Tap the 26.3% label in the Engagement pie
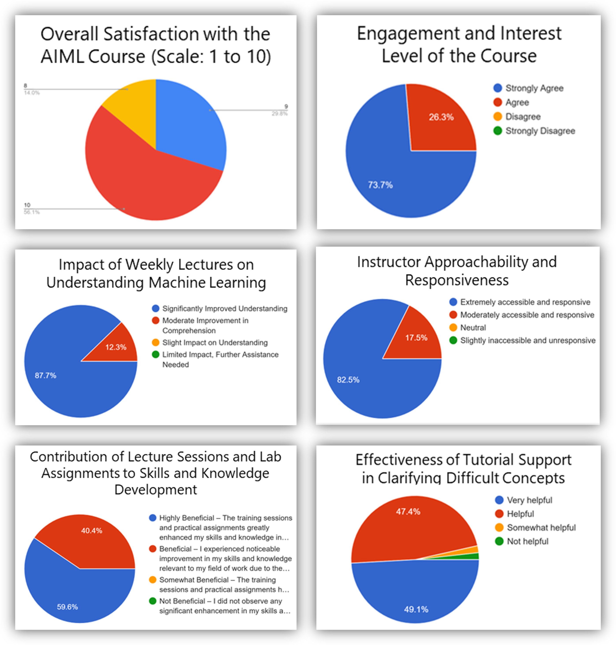pyautogui.click(x=441, y=117)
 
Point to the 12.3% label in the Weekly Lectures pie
pyautogui.click(x=116, y=347)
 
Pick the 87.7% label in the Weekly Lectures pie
pyautogui.click(x=46, y=375)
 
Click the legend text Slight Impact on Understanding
pyautogui.click(x=215, y=343)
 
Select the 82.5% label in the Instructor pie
pyautogui.click(x=348, y=380)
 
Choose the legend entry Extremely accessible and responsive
pyautogui.click(x=525, y=302)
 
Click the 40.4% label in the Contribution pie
pyautogui.click(x=92, y=531)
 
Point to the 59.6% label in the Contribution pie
pyautogui.click(x=67, y=607)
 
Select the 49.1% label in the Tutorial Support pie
pyautogui.click(x=416, y=610)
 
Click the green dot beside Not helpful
pyautogui.click(x=499, y=541)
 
